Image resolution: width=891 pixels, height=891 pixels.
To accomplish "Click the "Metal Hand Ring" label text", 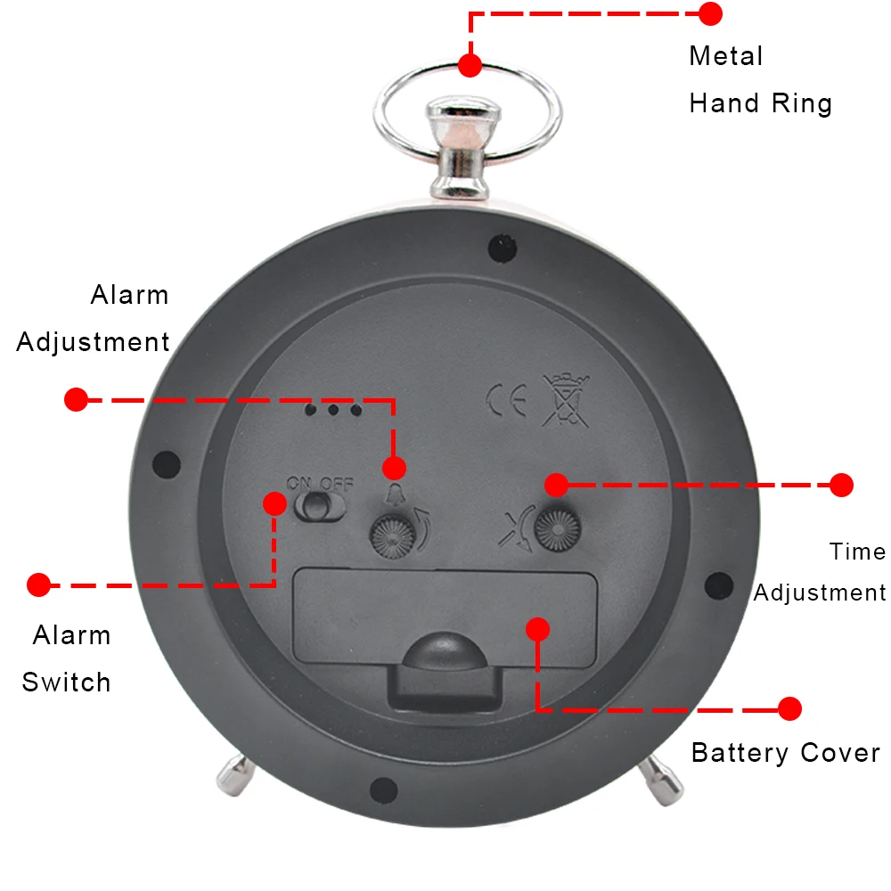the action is coord(760,80).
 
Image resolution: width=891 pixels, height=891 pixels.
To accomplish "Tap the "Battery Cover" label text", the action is coord(785,753).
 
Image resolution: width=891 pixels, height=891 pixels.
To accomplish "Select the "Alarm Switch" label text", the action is coord(68,659).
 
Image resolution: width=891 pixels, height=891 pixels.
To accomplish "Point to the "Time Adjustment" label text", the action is coord(821,572).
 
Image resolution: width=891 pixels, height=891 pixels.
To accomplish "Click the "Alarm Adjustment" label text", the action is coord(94,318).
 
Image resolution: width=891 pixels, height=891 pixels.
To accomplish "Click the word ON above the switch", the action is coord(298,484).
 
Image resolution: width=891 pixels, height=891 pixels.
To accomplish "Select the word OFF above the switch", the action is coord(338,484).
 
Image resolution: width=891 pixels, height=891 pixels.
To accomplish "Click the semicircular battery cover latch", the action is coord(443,651).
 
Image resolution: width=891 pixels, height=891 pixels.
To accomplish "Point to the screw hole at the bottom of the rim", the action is coord(383,788).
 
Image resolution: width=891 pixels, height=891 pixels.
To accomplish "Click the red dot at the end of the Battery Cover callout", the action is coord(789,709).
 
